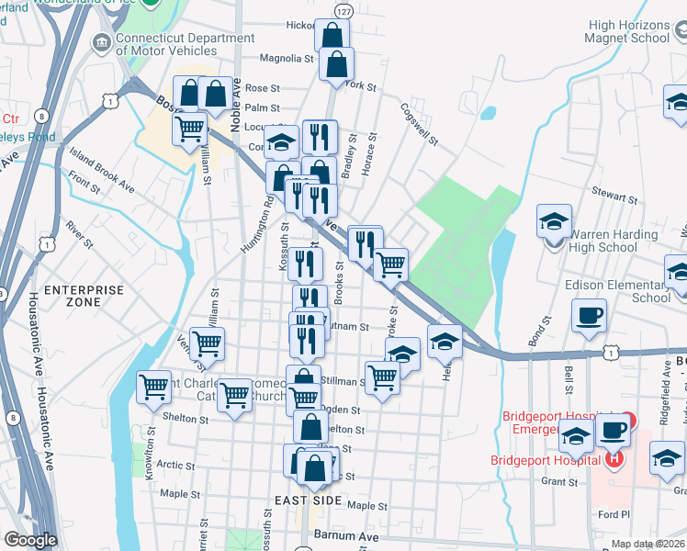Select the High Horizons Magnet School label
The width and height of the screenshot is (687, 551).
[629, 32]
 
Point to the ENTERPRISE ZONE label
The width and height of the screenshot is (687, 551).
[84, 296]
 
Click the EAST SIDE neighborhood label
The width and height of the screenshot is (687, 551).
[309, 500]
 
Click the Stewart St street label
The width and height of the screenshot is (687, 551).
[614, 197]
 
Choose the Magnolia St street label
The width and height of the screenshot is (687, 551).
[287, 58]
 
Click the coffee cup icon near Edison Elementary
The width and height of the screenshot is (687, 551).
[589, 317]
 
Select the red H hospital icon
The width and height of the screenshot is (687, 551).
[614, 458]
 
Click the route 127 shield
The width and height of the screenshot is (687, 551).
[343, 11]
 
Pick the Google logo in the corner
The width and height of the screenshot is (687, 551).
[29, 540]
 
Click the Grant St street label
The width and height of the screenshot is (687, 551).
[558, 480]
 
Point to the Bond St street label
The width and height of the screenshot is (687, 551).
[539, 331]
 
